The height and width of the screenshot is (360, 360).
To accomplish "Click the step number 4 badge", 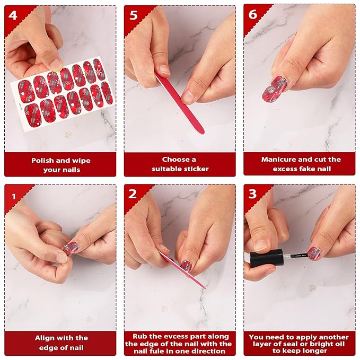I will pos(13,14).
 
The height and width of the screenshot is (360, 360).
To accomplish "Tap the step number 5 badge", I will pos(133,14).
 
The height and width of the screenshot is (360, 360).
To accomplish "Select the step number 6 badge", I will pos(252,14).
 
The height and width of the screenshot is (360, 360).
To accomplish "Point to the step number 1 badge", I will pos(13,194).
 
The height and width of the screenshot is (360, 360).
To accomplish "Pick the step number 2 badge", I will pos(133,194).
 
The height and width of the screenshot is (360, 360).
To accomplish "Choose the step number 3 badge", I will pos(252,194).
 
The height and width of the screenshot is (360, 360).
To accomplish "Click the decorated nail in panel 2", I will pos(186,265).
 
